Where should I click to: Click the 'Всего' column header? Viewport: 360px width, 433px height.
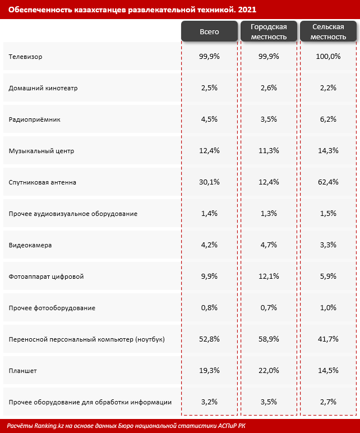(209, 32)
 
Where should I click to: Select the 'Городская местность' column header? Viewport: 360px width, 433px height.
(269, 32)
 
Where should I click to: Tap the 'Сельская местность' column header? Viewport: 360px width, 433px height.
(329, 32)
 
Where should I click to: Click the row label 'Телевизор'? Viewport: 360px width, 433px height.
(26, 57)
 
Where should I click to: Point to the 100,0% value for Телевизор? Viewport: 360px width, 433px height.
(329, 57)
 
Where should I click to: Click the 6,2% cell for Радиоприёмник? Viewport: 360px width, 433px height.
(329, 119)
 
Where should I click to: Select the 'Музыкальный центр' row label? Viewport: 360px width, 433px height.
(41, 151)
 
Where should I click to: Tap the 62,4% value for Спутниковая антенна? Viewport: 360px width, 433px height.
(329, 182)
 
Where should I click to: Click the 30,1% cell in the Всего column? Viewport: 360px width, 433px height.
(209, 182)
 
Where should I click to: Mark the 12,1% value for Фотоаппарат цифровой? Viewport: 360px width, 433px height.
(269, 277)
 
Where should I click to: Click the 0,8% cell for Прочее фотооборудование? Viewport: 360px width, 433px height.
(209, 308)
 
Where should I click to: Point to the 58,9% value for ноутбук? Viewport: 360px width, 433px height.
(269, 339)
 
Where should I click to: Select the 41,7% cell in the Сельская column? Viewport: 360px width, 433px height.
(329, 339)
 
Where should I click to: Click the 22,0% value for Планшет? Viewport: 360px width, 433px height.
(269, 371)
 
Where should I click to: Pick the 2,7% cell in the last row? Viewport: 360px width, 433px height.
(329, 402)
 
